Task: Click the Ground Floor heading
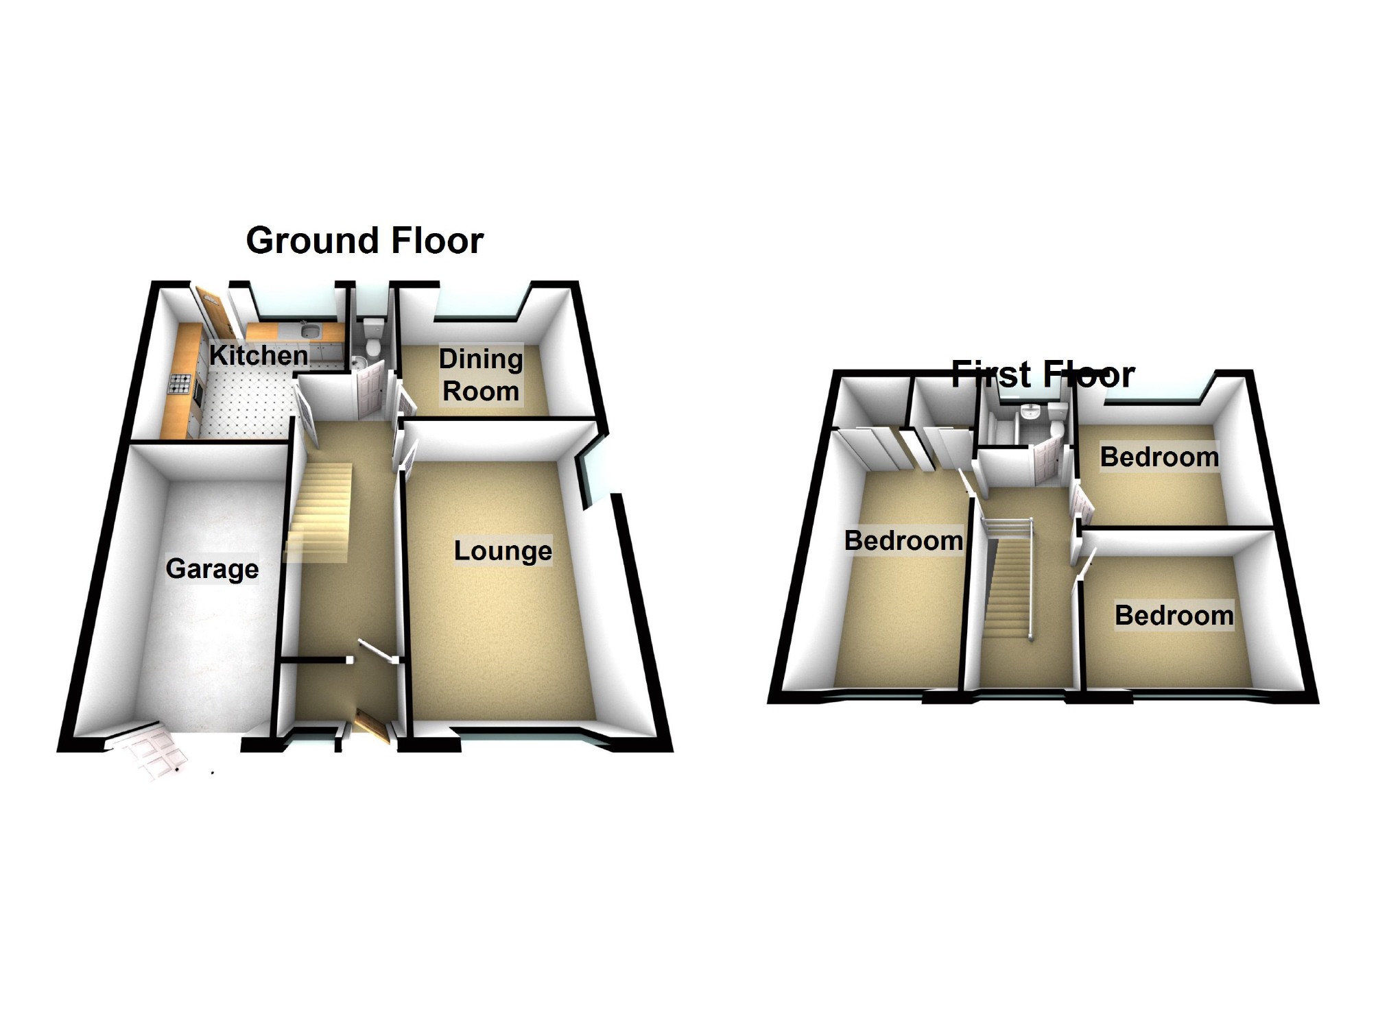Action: [x=364, y=241]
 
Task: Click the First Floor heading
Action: [x=1043, y=374]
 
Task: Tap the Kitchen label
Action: [x=259, y=355]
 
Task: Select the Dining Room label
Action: [x=480, y=375]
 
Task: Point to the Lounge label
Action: [x=503, y=551]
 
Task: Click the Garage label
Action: [x=212, y=568]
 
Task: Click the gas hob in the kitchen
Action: [x=180, y=384]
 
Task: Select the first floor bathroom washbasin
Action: [x=1030, y=413]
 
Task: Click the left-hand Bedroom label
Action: [x=903, y=540]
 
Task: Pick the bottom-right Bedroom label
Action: [x=1174, y=615]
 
